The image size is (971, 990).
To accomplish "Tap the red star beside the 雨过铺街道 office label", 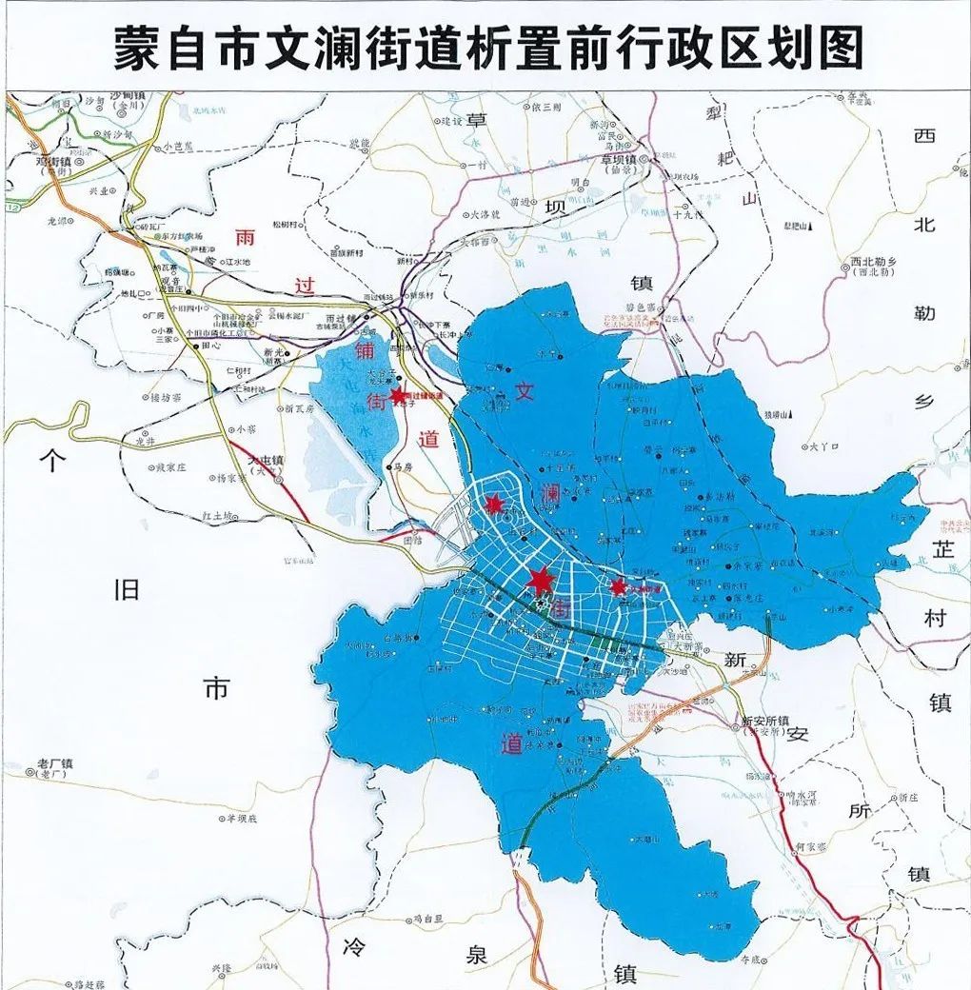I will (398, 394).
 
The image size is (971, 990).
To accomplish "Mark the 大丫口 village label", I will (822, 445).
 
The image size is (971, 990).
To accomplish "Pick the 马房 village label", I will (404, 466).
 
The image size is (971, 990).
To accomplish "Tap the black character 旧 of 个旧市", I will (127, 589).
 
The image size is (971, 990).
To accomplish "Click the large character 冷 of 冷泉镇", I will (354, 946).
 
